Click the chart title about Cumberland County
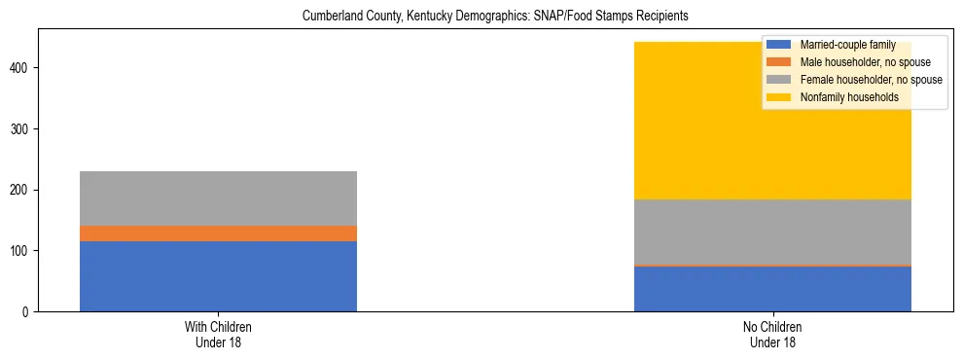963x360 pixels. (501, 16)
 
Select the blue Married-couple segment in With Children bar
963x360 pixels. (218, 276)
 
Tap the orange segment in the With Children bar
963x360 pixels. (218, 234)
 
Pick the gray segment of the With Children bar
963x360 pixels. (218, 198)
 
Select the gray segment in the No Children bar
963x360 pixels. (772, 232)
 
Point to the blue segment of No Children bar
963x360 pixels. (772, 289)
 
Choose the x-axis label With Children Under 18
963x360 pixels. (218, 335)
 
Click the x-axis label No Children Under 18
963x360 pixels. (772, 335)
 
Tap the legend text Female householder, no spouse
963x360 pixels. (871, 80)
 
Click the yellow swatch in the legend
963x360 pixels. (779, 97)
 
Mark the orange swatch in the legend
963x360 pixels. (779, 62)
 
